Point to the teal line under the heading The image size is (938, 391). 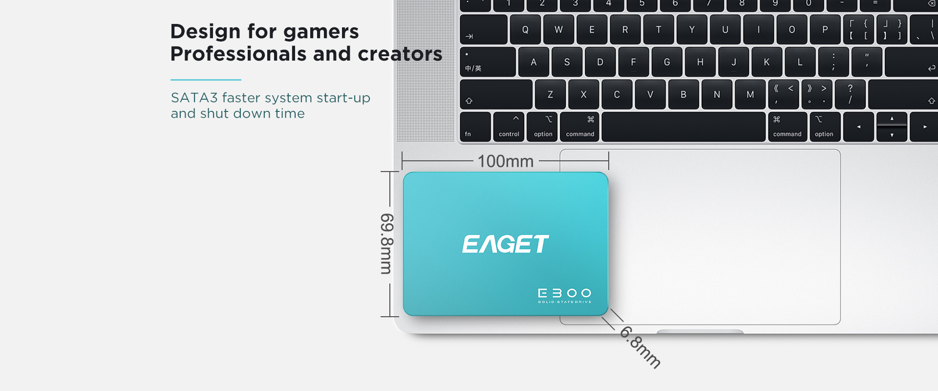coord(206,80)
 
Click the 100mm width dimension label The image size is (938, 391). coord(506,161)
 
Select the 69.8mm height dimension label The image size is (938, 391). coord(387,243)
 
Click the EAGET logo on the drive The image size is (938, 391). coord(506,244)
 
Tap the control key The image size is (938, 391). coord(509,127)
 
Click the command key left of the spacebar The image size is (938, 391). coord(580,127)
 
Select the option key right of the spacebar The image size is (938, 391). coord(825,127)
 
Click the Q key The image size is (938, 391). coord(525,29)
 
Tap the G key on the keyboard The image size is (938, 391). coord(667,62)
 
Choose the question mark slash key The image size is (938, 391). coord(850,94)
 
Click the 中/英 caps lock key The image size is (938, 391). coord(488,62)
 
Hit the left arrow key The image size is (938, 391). coord(858,127)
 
